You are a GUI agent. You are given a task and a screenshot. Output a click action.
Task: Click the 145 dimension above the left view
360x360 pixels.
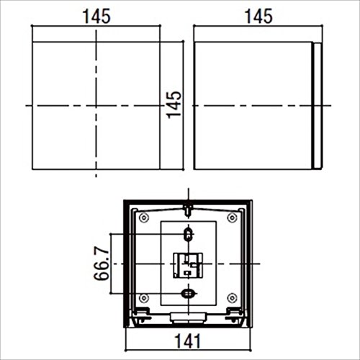coord(96,17)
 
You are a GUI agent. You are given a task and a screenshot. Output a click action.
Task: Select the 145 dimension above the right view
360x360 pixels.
coord(258,17)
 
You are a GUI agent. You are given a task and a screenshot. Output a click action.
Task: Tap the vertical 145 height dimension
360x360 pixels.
coord(174,105)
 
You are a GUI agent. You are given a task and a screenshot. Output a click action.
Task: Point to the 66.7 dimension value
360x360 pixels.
coord(102,264)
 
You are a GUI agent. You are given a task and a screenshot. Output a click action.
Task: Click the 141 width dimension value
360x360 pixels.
coord(187,341)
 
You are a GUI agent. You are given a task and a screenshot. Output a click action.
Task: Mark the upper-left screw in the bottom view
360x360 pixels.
coord(144,218)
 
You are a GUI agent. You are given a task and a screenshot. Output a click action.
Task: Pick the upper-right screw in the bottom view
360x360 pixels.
coord(232,218)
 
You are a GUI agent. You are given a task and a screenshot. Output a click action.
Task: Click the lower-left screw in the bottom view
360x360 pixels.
coord(144,298)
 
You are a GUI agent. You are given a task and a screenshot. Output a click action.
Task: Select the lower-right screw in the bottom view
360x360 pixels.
coord(232,298)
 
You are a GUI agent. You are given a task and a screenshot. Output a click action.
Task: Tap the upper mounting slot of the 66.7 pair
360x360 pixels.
coord(188,234)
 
